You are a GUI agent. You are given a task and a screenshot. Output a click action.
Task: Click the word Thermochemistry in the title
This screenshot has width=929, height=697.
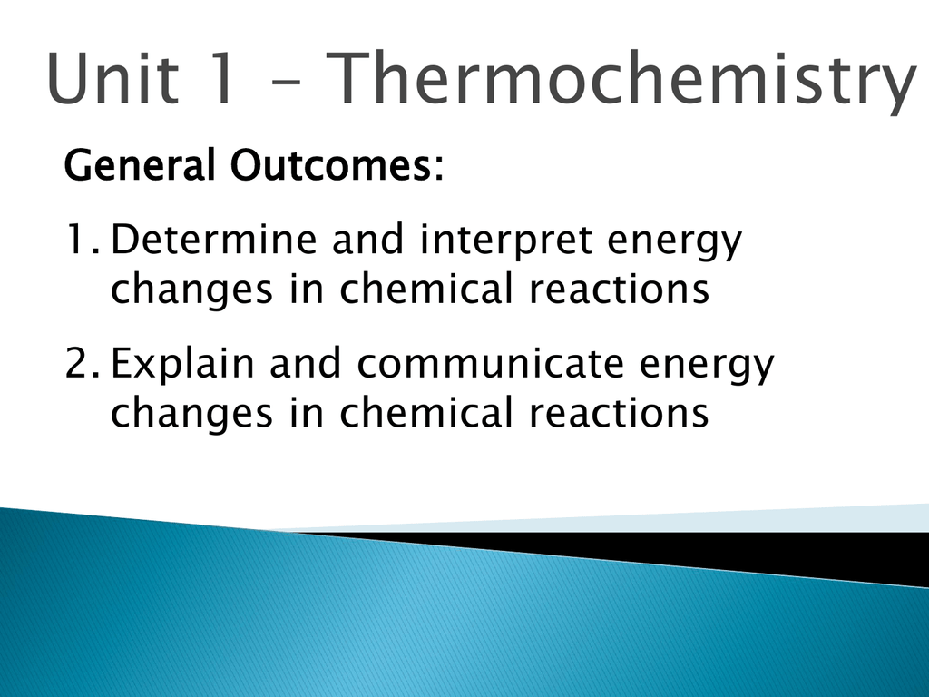(x=621, y=81)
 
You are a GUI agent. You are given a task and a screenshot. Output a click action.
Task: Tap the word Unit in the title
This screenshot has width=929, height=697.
(x=112, y=78)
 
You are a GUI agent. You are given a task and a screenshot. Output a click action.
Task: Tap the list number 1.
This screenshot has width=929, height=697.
(x=82, y=240)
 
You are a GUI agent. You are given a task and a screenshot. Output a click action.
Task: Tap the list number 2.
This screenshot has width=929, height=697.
(x=82, y=363)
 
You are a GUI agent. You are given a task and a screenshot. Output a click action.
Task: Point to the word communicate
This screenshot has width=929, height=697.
(x=491, y=363)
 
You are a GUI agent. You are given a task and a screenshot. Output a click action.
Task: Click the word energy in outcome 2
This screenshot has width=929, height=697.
(x=707, y=368)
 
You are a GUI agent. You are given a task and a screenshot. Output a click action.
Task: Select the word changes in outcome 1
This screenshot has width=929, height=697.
(x=192, y=291)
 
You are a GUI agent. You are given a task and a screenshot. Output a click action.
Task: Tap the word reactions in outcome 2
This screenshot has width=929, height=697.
(x=619, y=413)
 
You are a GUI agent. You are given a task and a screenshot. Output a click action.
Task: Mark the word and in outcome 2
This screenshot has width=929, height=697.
(x=305, y=363)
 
